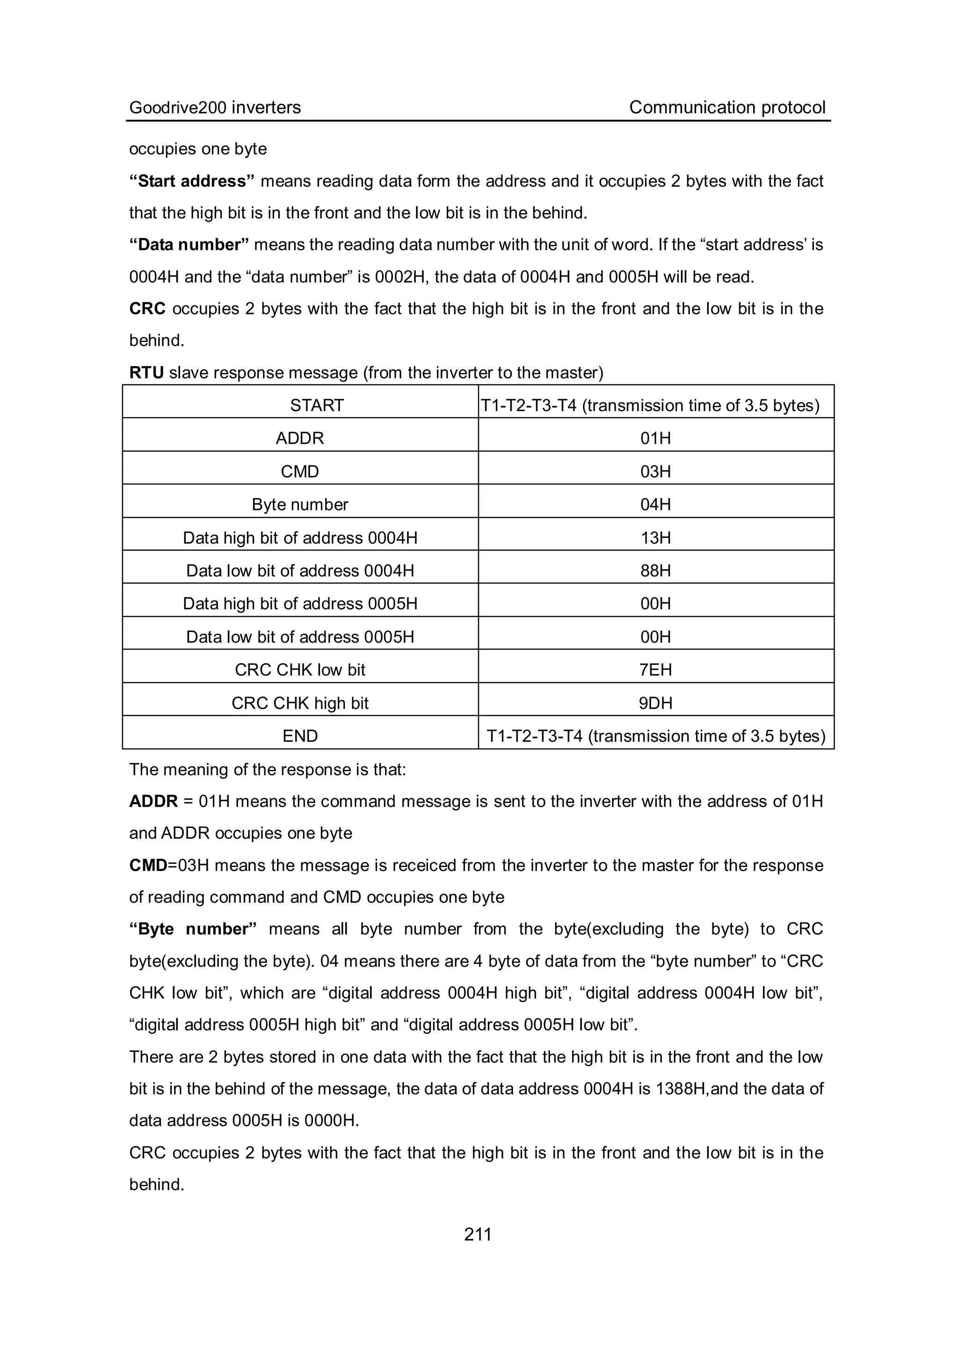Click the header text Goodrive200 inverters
tap(215, 107)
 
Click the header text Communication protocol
tap(727, 107)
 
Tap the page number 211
tap(478, 1234)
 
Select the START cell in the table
tap(317, 406)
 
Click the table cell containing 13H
tap(655, 538)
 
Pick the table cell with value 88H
tap(655, 571)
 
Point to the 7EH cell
tap(655, 670)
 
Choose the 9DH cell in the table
tap(655, 704)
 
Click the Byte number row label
tap(300, 505)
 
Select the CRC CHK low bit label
tap(300, 670)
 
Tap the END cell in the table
tap(300, 736)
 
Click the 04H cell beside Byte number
tap(655, 505)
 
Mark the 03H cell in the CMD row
tap(655, 472)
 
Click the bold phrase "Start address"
tap(191, 181)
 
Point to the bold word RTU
tap(146, 373)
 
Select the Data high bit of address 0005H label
tap(300, 603)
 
